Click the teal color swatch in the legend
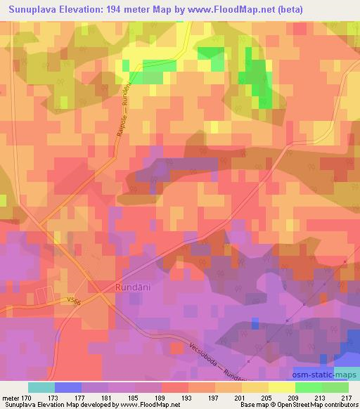coord(41,387)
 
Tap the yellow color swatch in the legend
coord(282,387)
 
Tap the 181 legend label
coord(106,398)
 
